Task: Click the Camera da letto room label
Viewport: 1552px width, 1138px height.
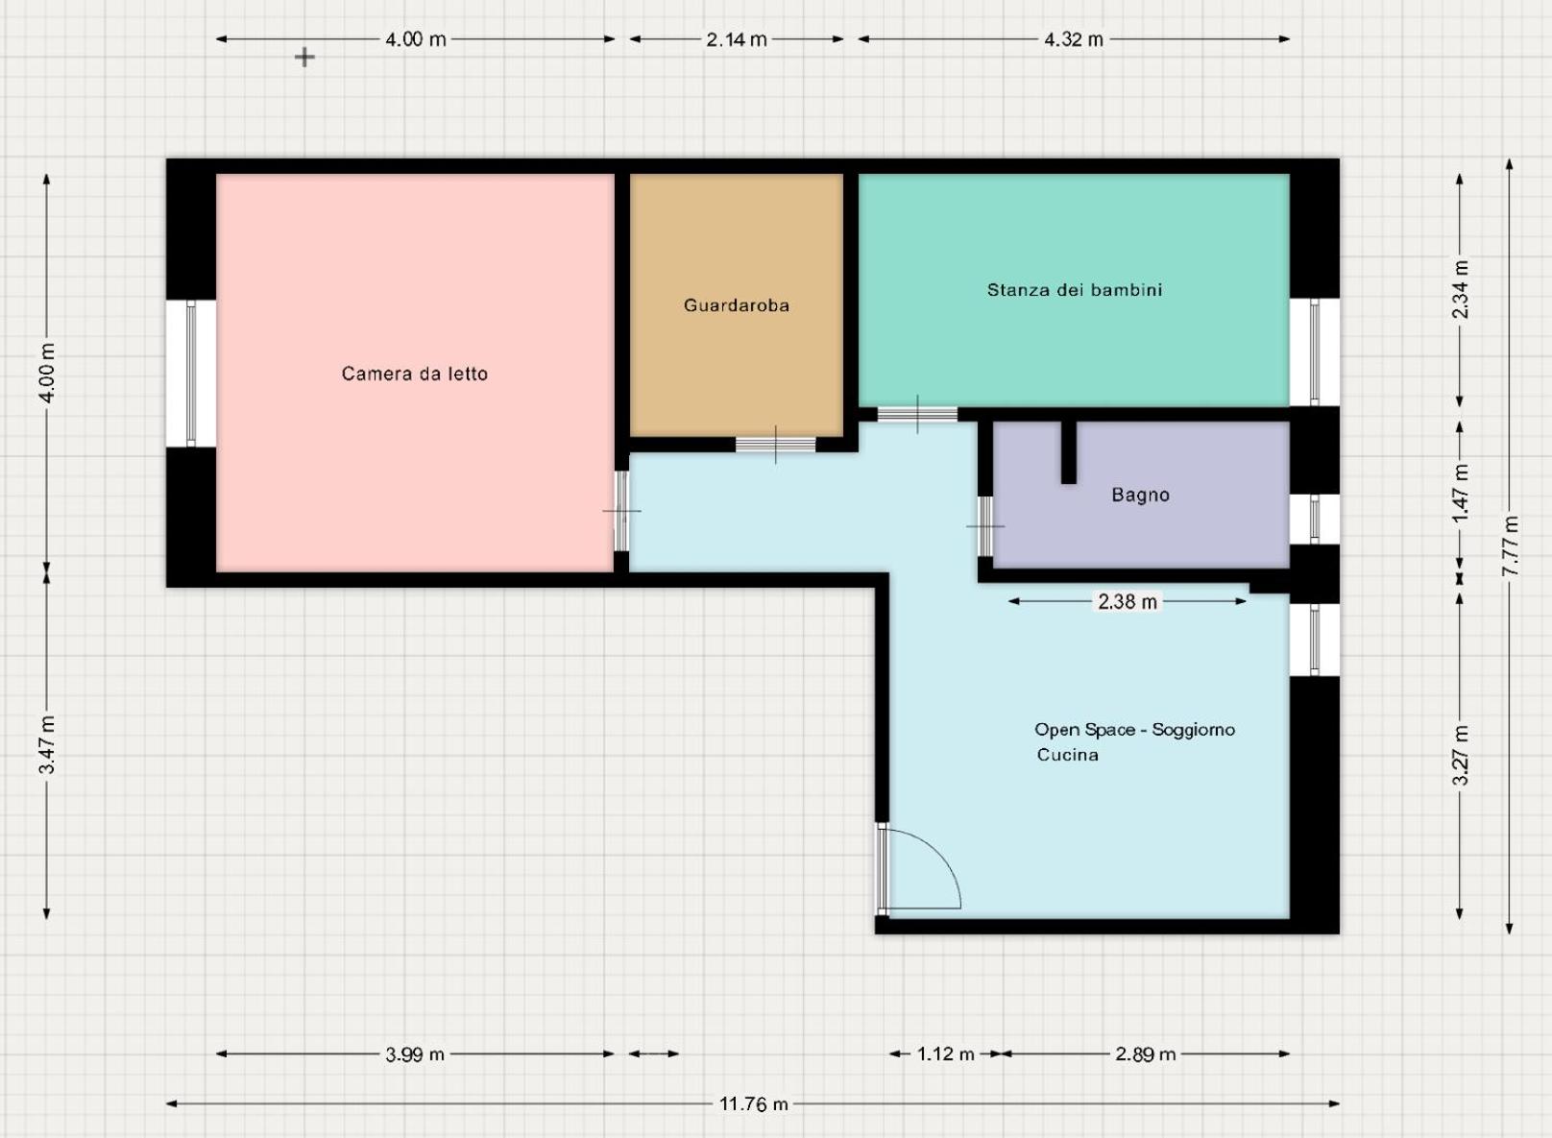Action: pyautogui.click(x=414, y=374)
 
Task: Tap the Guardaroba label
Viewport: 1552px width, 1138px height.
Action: pyautogui.click(x=737, y=305)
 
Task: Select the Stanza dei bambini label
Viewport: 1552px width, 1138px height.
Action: pyautogui.click(x=1075, y=289)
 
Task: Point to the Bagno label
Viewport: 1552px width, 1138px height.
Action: pyautogui.click(x=1140, y=495)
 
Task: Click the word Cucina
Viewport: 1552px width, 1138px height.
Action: pyautogui.click(x=1067, y=754)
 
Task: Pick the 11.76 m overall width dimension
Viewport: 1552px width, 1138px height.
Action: pyautogui.click(x=753, y=1103)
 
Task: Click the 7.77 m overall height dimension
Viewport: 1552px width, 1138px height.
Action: pyautogui.click(x=1511, y=545)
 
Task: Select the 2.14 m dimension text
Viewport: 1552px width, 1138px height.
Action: pyautogui.click(x=737, y=39)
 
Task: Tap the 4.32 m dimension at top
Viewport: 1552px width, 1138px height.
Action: pyautogui.click(x=1073, y=39)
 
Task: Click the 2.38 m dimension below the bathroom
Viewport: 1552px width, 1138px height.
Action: pyautogui.click(x=1128, y=602)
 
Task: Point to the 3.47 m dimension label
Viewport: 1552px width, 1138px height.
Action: pyautogui.click(x=47, y=745)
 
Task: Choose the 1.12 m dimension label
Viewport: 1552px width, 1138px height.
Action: pyautogui.click(x=946, y=1054)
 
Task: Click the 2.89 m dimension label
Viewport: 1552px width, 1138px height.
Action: pyautogui.click(x=1146, y=1054)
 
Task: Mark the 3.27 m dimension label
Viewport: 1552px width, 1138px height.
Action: pyautogui.click(x=1461, y=755)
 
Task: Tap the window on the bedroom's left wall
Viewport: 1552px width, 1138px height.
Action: pyautogui.click(x=190, y=374)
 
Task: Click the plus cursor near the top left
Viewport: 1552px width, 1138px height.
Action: pyautogui.click(x=304, y=57)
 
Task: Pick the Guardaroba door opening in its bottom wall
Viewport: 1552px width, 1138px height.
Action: pyautogui.click(x=775, y=445)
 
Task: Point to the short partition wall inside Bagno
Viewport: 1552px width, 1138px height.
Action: pyautogui.click(x=1069, y=451)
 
